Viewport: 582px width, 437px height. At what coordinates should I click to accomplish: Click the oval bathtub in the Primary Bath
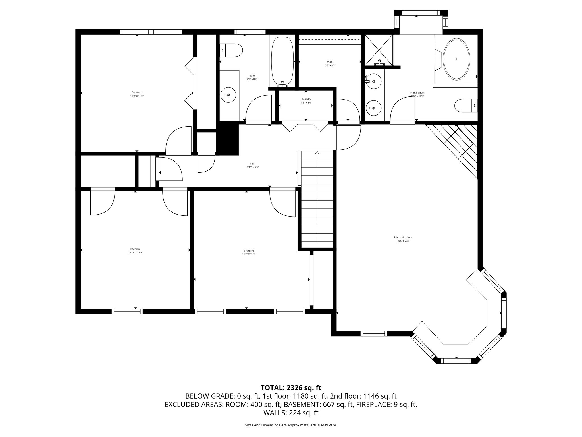click(457, 59)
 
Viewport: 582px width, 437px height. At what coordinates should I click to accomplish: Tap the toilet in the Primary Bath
click(465, 106)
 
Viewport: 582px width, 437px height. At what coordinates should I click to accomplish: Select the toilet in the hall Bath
click(232, 50)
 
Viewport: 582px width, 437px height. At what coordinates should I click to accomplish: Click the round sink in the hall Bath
click(228, 95)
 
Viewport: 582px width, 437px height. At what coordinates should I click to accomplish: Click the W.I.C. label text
click(330, 62)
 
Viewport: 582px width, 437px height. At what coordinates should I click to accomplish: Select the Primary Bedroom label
click(404, 237)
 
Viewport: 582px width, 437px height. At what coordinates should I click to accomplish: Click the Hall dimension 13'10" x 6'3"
click(252, 167)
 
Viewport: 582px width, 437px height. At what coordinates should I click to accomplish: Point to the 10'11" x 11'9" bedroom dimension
click(135, 252)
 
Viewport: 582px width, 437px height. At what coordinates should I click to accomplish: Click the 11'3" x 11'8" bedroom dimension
click(137, 96)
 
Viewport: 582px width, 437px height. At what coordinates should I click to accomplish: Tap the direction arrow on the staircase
click(317, 153)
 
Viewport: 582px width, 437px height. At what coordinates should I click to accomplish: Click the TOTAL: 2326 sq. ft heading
click(291, 387)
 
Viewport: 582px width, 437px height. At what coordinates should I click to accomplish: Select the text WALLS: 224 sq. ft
click(291, 413)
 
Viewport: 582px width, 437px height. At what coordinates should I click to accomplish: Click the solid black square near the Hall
click(228, 138)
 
